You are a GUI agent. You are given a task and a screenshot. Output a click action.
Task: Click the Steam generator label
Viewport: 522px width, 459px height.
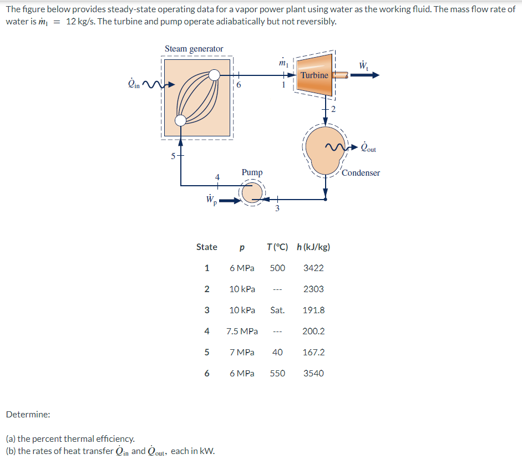194,49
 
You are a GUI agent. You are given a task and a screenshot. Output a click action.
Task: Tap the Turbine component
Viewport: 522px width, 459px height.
314,75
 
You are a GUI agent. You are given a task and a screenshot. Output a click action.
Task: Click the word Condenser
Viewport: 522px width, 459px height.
361,173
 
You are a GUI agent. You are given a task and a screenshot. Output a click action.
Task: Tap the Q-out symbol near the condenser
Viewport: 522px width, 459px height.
368,148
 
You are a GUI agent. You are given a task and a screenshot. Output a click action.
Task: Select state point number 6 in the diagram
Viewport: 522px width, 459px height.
239,85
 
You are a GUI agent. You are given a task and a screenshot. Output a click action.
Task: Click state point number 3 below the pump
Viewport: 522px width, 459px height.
277,208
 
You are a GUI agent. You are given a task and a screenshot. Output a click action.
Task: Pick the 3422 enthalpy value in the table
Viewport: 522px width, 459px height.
313,268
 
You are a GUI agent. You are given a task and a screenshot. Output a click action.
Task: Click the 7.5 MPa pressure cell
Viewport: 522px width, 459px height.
242,331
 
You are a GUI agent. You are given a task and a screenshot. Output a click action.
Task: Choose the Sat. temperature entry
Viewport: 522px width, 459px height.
277,310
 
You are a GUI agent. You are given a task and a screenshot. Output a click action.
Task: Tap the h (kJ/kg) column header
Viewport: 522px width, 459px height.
313,247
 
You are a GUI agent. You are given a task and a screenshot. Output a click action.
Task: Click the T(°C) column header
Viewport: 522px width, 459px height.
277,247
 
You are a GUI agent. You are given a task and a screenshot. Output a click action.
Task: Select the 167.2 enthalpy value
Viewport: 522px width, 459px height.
313,352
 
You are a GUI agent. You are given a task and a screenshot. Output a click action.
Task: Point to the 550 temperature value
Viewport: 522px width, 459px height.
277,373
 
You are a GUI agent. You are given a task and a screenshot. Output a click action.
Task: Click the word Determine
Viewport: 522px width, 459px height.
28,414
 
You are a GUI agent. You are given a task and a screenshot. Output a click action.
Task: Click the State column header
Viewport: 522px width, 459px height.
206,247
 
